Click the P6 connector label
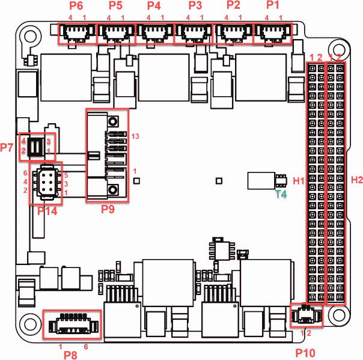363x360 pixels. coord(76,6)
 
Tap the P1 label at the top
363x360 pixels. coord(273,6)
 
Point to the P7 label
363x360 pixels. coord(7,147)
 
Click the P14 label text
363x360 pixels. coord(47,210)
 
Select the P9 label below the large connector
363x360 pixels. coord(108,209)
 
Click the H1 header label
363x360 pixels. coord(299,180)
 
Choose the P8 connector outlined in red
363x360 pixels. coord(72,326)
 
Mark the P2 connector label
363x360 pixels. coord(234,6)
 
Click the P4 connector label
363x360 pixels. coord(154,6)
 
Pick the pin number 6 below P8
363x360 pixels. coord(86,347)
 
